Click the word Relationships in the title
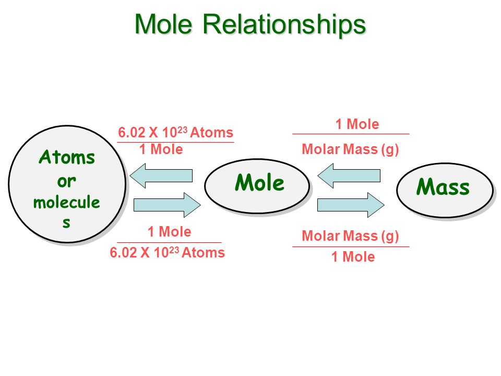284,25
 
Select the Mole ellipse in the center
257,185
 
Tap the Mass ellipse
444,189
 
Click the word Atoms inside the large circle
67,157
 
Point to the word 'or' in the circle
66,181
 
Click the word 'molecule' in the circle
66,202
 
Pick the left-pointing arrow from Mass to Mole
349,175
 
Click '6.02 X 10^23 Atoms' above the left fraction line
175,133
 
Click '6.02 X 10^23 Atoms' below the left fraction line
167,253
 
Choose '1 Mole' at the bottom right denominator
353,257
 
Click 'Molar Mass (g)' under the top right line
351,150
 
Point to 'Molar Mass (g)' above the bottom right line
351,237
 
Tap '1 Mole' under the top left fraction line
161,150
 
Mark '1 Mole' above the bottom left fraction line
169,231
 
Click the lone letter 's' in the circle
66,223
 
